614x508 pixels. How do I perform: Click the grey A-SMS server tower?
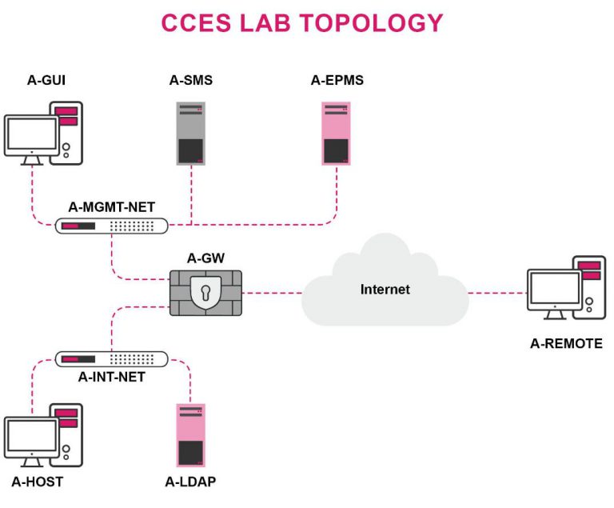[189, 133]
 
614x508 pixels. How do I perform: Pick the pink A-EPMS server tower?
[336, 133]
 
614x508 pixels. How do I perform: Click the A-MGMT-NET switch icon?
[112, 226]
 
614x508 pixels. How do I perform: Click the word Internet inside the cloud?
[385, 289]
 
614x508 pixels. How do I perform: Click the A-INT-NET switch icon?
[112, 359]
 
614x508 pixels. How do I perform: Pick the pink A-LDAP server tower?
[189, 437]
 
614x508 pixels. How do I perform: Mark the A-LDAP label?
[190, 482]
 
